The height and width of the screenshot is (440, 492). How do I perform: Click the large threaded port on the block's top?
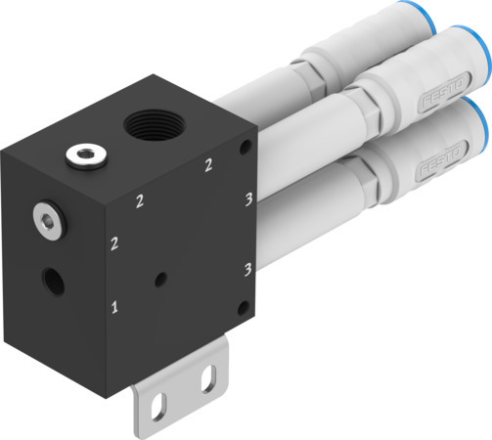pyautogui.click(x=153, y=126)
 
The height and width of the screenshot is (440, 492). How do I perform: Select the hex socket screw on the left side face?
pyautogui.click(x=45, y=217)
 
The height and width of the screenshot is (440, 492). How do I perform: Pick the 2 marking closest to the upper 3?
pyautogui.click(x=208, y=166)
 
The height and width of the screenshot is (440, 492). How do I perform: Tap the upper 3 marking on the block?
pyautogui.click(x=248, y=200)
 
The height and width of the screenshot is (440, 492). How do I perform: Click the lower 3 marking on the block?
pyautogui.click(x=248, y=266)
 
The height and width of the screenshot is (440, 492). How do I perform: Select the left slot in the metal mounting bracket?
pyautogui.click(x=164, y=400)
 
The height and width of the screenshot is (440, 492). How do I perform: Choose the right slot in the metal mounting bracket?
pyautogui.click(x=206, y=383)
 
